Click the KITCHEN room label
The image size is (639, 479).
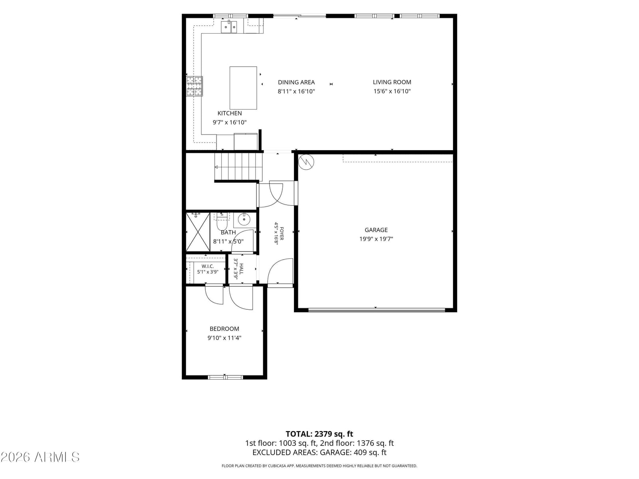click(229, 113)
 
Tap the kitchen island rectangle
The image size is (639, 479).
click(243, 88)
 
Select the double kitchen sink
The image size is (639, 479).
click(229, 27)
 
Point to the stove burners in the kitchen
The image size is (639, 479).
click(194, 86)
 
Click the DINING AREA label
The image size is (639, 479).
click(296, 82)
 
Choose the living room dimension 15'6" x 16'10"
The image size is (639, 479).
click(392, 91)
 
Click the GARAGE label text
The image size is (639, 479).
click(376, 230)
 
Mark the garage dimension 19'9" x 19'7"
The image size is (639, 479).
click(376, 239)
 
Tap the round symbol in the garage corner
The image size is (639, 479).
click(306, 162)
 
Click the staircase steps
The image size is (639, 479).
click(238, 167)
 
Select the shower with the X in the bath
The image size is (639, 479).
click(198, 232)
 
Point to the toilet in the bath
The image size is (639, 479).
click(222, 221)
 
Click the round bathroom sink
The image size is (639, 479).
click(243, 219)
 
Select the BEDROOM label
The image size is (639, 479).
click(224, 329)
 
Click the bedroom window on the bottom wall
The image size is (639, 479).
click(225, 377)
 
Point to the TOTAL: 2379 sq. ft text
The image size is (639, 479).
click(319, 434)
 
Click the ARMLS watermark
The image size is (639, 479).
click(40, 457)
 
